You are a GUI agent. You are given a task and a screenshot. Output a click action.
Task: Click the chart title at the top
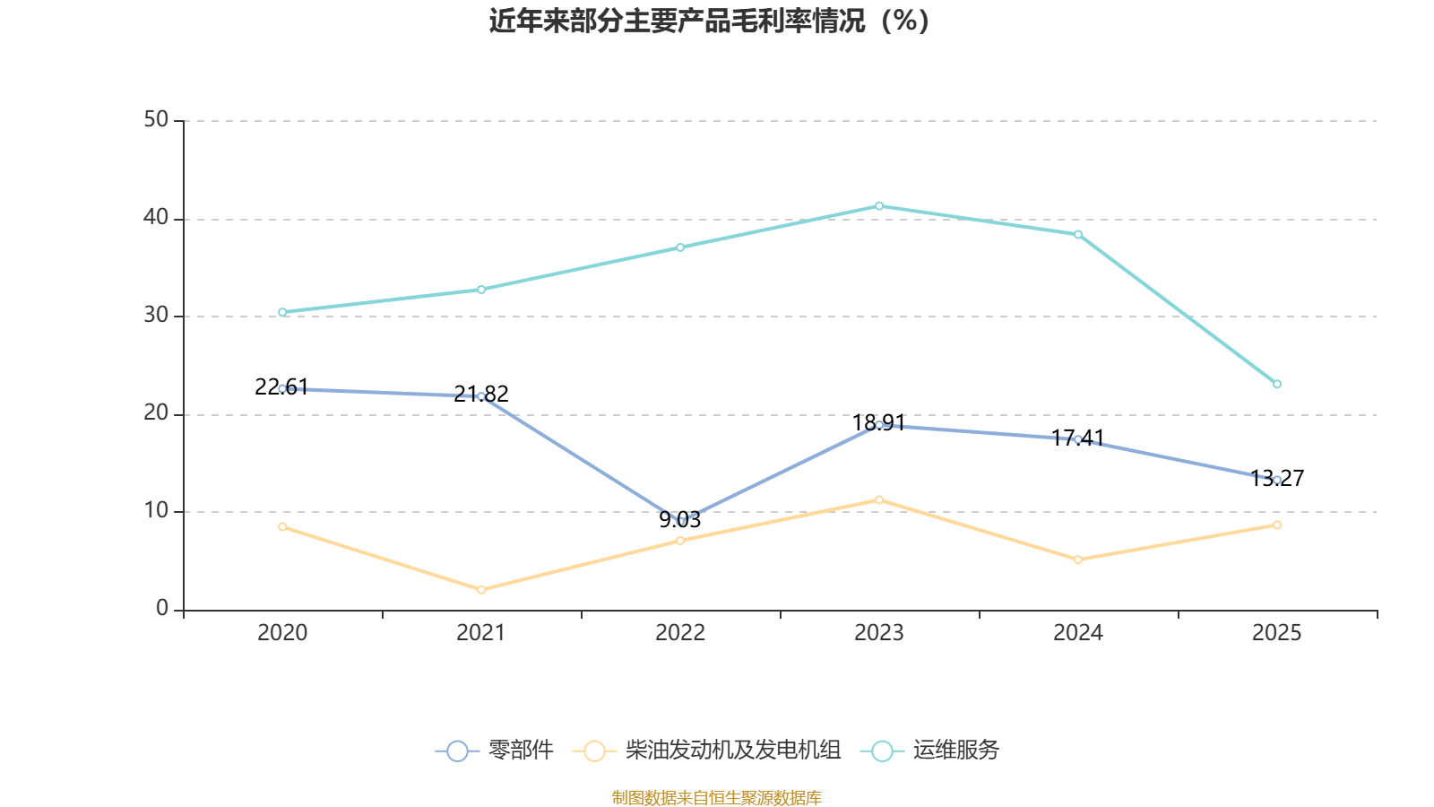click(709, 21)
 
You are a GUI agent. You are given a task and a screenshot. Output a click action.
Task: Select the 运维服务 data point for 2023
click(879, 206)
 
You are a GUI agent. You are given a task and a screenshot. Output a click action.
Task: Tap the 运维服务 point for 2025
click(1277, 384)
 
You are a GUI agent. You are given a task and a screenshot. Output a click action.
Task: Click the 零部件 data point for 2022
click(680, 521)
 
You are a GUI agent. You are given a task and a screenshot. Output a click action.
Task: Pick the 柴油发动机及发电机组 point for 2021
click(481, 589)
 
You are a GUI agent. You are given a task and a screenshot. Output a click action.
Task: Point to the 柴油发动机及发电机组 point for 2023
click(879, 499)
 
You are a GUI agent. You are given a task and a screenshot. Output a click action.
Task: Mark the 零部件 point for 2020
click(282, 388)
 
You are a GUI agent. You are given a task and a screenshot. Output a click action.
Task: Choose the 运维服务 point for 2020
click(282, 312)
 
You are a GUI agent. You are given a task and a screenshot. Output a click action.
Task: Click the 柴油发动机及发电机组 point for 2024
click(1078, 560)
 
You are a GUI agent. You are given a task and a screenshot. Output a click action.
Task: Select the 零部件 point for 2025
click(1277, 480)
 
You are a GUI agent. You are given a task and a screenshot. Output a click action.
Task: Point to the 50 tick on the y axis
click(156, 120)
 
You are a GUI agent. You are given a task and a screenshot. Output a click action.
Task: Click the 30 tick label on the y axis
click(156, 316)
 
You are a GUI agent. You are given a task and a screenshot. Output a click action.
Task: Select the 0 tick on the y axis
click(162, 609)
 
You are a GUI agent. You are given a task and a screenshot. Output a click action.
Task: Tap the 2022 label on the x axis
click(680, 633)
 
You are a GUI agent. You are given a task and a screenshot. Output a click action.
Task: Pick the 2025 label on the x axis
click(1277, 633)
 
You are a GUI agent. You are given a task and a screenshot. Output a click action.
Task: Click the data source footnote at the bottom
click(717, 797)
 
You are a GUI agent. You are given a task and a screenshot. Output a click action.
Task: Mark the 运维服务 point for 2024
click(1078, 235)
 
